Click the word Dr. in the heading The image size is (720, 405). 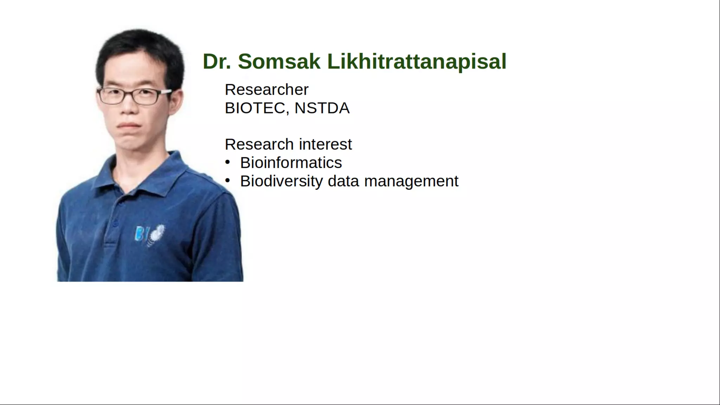click(217, 62)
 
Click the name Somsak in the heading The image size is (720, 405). click(279, 62)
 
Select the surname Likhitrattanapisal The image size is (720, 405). click(417, 62)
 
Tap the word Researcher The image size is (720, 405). click(266, 90)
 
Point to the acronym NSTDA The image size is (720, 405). click(322, 108)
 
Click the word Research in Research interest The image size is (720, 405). click(259, 144)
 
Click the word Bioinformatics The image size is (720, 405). click(291, 163)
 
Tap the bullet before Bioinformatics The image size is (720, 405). click(227, 162)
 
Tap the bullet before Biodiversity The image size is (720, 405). click(227, 181)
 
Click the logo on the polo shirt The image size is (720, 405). click(149, 234)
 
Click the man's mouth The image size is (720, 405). click(129, 125)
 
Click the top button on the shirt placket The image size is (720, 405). click(121, 203)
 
